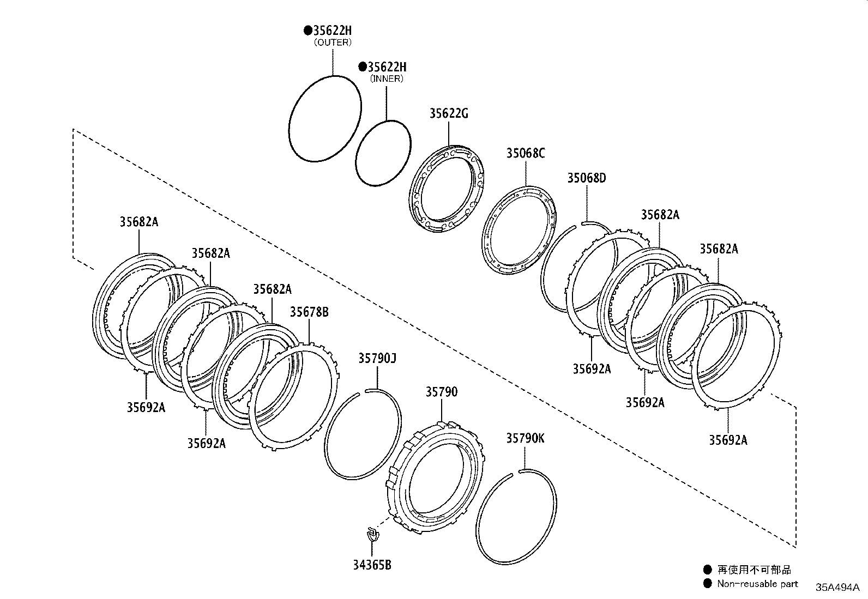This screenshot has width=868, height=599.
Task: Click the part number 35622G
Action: tap(448, 114)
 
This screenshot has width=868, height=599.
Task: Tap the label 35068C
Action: tap(525, 153)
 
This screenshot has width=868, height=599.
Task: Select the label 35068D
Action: tap(586, 178)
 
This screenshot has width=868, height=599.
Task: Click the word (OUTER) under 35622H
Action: tap(333, 42)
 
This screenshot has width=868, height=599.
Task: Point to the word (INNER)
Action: tap(387, 78)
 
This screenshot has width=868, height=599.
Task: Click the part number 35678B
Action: tap(309, 312)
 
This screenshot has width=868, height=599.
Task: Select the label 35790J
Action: tap(377, 359)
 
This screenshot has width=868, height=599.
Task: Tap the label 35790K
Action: tap(525, 438)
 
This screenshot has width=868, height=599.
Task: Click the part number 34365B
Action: tap(372, 565)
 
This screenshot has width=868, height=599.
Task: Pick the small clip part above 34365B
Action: tap(372, 534)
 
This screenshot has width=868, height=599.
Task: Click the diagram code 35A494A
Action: tap(837, 587)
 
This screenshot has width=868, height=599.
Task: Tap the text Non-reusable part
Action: tap(757, 584)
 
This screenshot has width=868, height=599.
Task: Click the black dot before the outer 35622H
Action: tap(308, 31)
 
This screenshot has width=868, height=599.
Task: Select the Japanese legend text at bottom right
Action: tap(754, 570)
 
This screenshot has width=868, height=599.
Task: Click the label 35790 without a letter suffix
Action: tap(442, 392)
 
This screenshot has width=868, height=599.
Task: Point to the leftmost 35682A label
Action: tap(139, 222)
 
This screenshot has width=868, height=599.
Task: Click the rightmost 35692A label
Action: tap(728, 440)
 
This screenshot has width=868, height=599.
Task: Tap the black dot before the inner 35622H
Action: tap(362, 67)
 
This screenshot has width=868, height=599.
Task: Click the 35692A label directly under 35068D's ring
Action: tap(592, 369)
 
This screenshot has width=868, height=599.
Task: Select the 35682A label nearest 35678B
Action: tap(272, 289)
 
